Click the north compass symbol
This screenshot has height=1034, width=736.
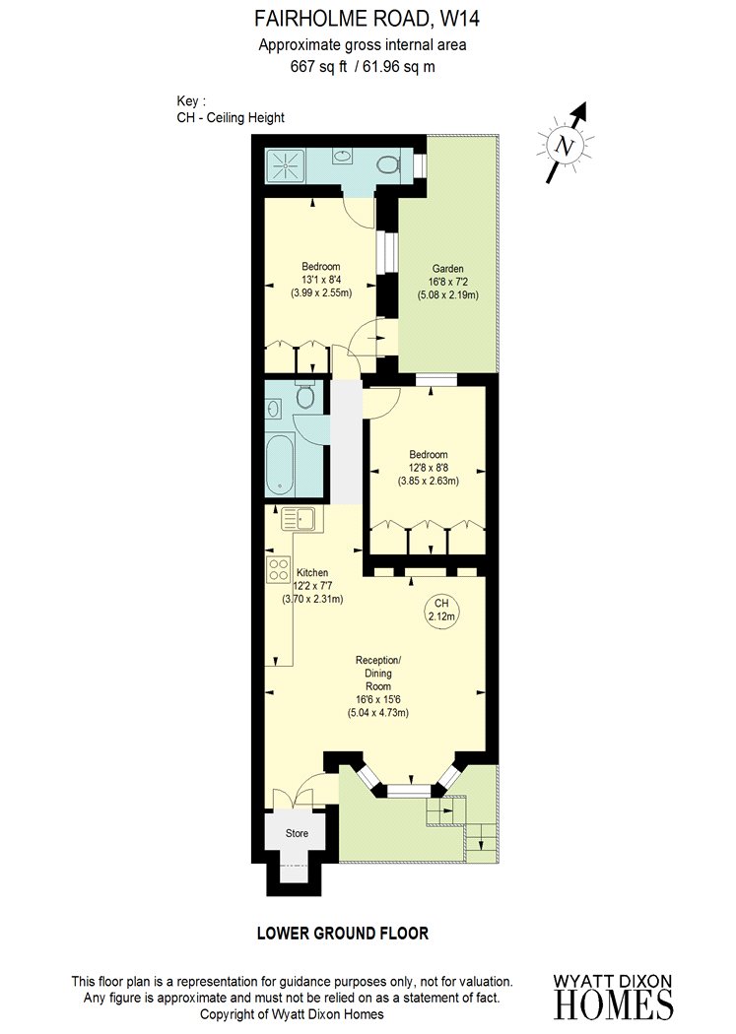[x=566, y=145]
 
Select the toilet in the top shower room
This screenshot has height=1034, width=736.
[x=390, y=164]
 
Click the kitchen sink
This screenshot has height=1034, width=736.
[x=302, y=519]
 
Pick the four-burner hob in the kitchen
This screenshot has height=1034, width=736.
[x=279, y=569]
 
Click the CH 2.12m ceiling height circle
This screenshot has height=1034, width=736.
[x=441, y=610]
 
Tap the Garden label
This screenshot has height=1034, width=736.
[x=447, y=269]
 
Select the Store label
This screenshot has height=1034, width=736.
[x=297, y=833]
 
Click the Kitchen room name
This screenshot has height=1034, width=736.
[x=312, y=572]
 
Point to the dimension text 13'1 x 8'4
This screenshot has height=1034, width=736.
[x=321, y=280]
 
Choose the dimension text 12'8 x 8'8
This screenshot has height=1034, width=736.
[x=428, y=468]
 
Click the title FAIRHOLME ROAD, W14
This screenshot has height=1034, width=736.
[x=368, y=19]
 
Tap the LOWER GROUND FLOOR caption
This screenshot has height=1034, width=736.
[x=343, y=934]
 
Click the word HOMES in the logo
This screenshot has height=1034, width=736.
[x=613, y=1005]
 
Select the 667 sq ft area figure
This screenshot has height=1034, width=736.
[x=318, y=66]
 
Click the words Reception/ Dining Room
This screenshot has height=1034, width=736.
[x=378, y=674]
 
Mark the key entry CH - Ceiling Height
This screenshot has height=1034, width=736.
[x=231, y=118]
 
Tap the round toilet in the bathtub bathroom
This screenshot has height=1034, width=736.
[x=305, y=396]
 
